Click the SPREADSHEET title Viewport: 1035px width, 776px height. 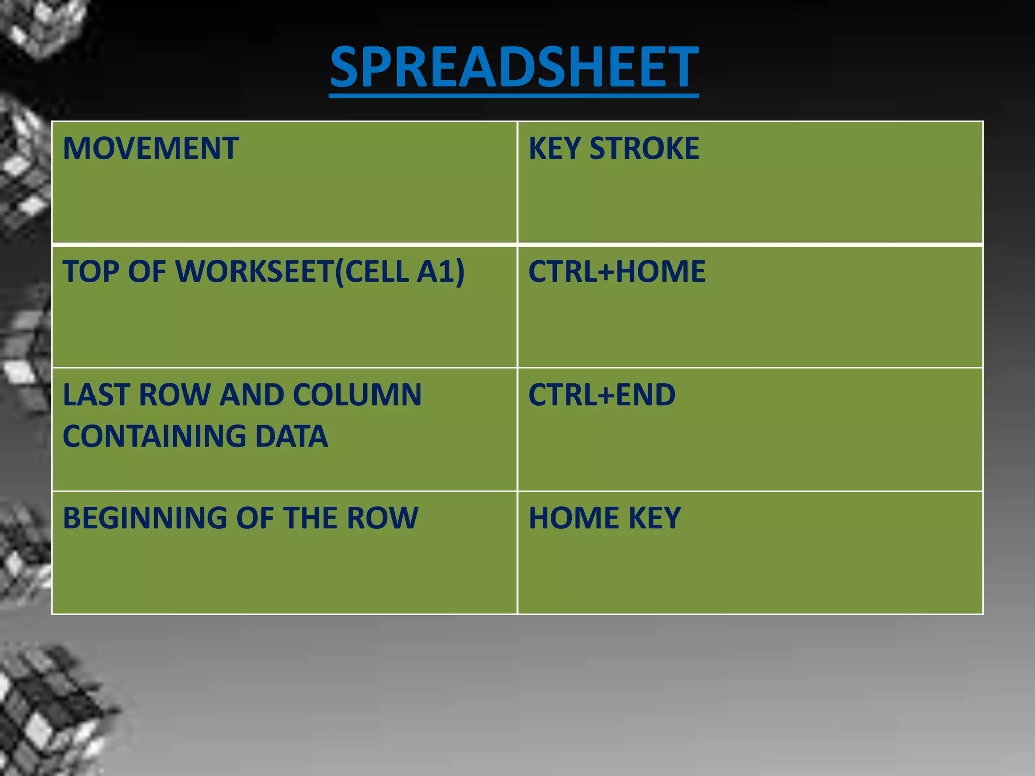[x=514, y=67]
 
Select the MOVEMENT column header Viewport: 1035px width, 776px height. [x=150, y=149]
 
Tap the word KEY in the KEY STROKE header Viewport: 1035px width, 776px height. [x=554, y=149]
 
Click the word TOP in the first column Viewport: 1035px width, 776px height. [x=90, y=272]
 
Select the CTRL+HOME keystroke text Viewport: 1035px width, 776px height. [x=617, y=272]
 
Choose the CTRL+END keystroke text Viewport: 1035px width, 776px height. [x=601, y=395]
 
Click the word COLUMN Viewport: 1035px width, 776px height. [x=357, y=395]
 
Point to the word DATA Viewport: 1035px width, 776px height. [x=291, y=437]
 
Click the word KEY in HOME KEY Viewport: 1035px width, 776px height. [x=654, y=518]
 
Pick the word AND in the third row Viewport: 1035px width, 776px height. [x=251, y=395]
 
